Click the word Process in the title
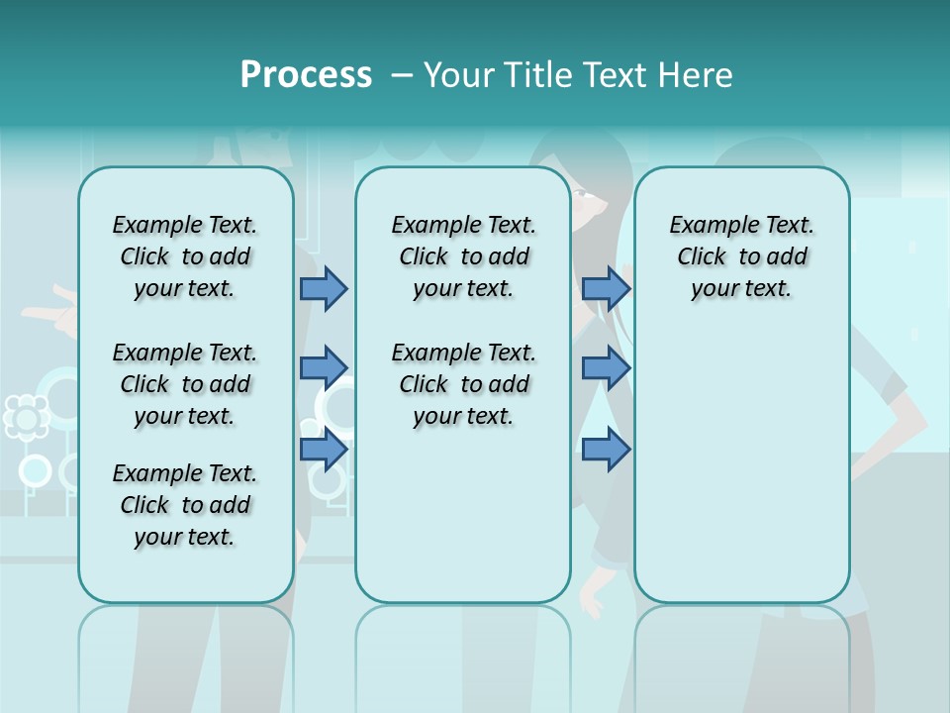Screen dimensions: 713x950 [306, 74]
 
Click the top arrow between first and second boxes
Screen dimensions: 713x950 [323, 288]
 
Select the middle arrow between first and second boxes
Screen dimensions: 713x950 [323, 368]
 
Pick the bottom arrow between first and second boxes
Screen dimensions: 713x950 [323, 449]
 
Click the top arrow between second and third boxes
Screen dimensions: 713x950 [606, 288]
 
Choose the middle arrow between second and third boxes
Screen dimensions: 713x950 [606, 368]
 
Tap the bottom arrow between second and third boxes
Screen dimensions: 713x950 [606, 449]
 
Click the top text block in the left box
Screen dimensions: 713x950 [185, 256]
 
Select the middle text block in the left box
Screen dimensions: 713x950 [185, 384]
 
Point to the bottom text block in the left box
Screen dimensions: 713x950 [185, 505]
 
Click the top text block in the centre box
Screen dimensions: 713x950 [463, 256]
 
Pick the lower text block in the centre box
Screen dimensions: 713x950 [463, 384]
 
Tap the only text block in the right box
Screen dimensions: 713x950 [741, 256]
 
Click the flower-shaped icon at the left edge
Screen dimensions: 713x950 [26, 417]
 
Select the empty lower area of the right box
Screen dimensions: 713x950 [741, 465]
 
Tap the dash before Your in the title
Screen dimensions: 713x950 [402, 75]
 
